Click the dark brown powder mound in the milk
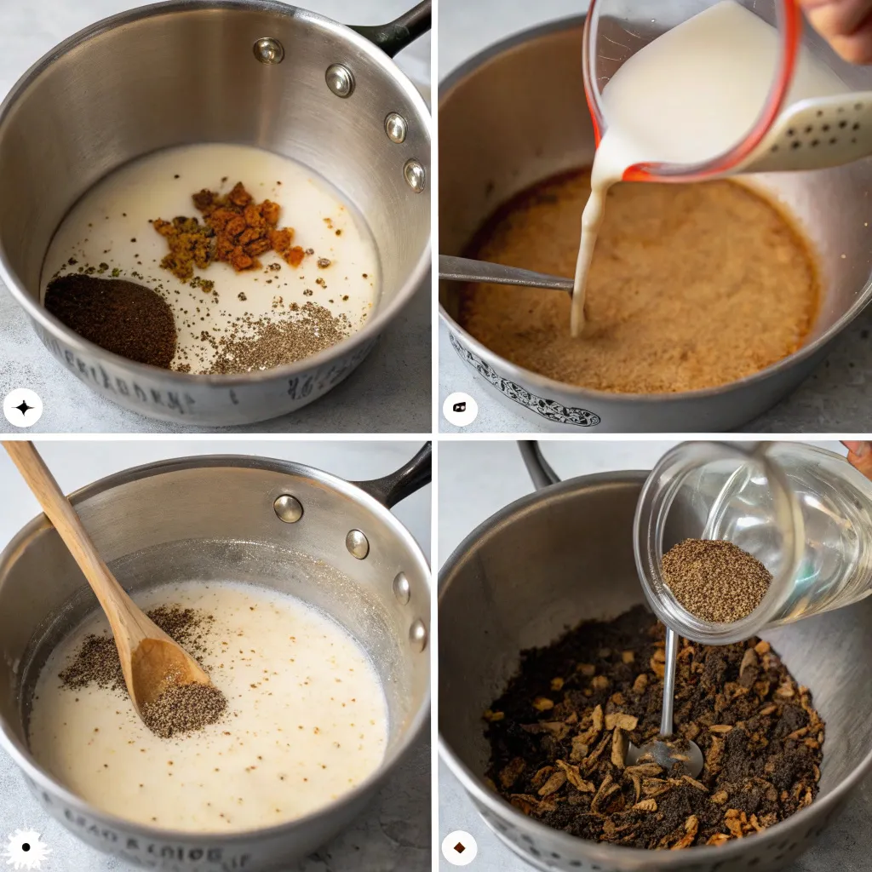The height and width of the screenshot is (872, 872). click(110, 319)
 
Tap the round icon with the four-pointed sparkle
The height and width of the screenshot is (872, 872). click(23, 407)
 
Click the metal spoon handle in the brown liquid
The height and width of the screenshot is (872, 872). click(502, 273)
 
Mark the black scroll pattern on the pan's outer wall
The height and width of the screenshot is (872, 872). click(524, 394)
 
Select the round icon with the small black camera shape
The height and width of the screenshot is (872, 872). click(460, 409)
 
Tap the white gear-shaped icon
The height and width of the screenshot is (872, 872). click(26, 847)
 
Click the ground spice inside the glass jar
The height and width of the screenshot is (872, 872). click(715, 579)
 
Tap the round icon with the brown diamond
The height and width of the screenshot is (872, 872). click(460, 847)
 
